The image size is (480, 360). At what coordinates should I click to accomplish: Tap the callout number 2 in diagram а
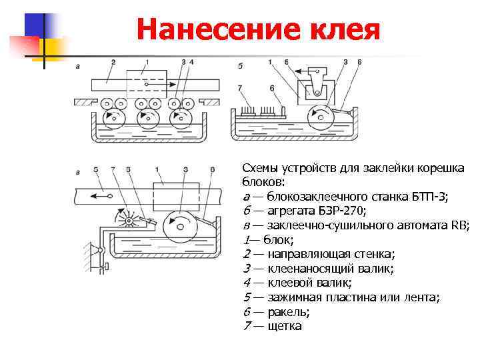(x=113, y=62)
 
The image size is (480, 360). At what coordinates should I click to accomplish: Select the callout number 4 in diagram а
(x=191, y=62)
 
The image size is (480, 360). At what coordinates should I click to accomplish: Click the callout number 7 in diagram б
(x=239, y=87)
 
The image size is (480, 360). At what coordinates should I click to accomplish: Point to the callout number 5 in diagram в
(x=97, y=169)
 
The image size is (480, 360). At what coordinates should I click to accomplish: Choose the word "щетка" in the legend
(x=285, y=327)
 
